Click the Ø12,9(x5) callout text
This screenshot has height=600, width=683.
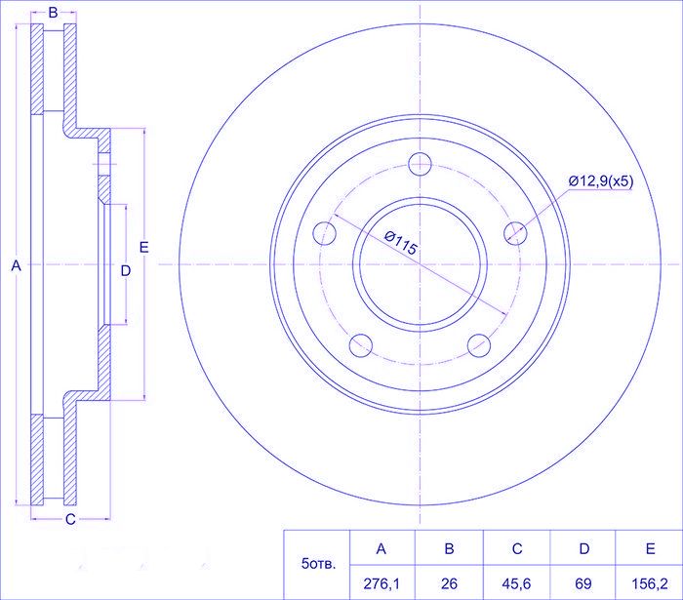pyautogui.click(x=601, y=180)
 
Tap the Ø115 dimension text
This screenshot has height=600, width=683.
pyautogui.click(x=401, y=243)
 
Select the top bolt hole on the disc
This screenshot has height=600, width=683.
pyautogui.click(x=420, y=164)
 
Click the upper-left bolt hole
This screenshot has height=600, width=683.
pyautogui.click(x=325, y=232)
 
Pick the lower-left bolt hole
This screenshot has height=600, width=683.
pyautogui.click(x=361, y=345)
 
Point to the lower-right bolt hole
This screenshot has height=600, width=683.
pyautogui.click(x=479, y=345)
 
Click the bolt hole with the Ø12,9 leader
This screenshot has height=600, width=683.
pyautogui.click(x=515, y=232)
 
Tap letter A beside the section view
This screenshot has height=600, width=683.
pyautogui.click(x=17, y=265)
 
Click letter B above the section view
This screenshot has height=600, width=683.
pyautogui.click(x=53, y=13)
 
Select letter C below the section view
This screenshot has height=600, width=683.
pyautogui.click(x=70, y=519)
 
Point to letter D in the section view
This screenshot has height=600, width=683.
pyautogui.click(x=126, y=271)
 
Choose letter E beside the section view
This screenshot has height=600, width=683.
pyautogui.click(x=143, y=247)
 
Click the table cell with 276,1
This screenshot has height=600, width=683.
pyautogui.click(x=382, y=583)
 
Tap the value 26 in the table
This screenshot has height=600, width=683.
pyautogui.click(x=449, y=583)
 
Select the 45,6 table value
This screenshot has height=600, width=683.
pyautogui.click(x=516, y=583)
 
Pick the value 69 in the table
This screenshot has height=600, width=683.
pyautogui.click(x=583, y=583)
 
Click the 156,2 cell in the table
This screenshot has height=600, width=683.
pyautogui.click(x=650, y=583)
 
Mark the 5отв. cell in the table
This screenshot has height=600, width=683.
pyautogui.click(x=317, y=565)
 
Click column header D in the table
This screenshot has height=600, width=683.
pyautogui.click(x=584, y=548)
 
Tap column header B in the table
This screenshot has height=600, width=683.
pyautogui.click(x=449, y=548)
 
